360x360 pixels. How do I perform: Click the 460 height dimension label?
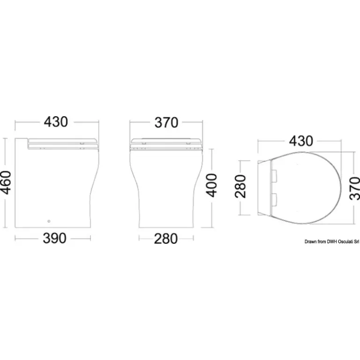6,182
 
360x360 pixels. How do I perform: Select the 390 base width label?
55,238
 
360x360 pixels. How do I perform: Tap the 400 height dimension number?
211,185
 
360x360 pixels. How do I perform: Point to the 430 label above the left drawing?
56,122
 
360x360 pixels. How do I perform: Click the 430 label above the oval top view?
301,141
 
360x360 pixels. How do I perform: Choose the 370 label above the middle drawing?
166,123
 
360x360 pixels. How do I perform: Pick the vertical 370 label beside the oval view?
355,188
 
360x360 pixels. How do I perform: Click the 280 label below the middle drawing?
166,239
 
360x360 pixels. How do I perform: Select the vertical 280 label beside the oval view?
240,186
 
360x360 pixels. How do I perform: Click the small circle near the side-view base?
49,221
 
